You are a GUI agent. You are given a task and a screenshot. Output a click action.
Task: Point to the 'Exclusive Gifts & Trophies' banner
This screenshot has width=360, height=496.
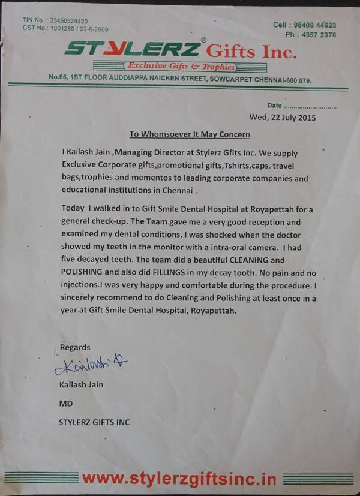pyautogui.click(x=179, y=67)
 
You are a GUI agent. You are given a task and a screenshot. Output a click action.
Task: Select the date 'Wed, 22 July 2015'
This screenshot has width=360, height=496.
pyautogui.click(x=282, y=117)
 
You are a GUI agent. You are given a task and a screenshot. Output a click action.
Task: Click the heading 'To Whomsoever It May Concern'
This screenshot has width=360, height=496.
pyautogui.click(x=190, y=134)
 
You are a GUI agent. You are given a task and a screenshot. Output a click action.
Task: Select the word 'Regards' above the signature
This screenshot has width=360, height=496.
pyautogui.click(x=76, y=347)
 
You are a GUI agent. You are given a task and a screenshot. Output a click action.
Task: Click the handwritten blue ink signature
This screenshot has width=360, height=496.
pyautogui.click(x=91, y=365)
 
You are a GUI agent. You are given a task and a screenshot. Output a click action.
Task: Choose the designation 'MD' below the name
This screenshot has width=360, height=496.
pyautogui.click(x=65, y=404)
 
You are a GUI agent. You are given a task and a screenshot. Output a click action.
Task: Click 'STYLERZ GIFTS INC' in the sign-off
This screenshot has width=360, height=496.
pyautogui.click(x=94, y=422)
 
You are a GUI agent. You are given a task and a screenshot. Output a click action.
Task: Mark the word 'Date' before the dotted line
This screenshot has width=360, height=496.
pyautogui.click(x=274, y=105)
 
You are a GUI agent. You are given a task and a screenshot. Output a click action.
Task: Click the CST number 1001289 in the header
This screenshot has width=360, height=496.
pyautogui.click(x=65, y=28)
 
